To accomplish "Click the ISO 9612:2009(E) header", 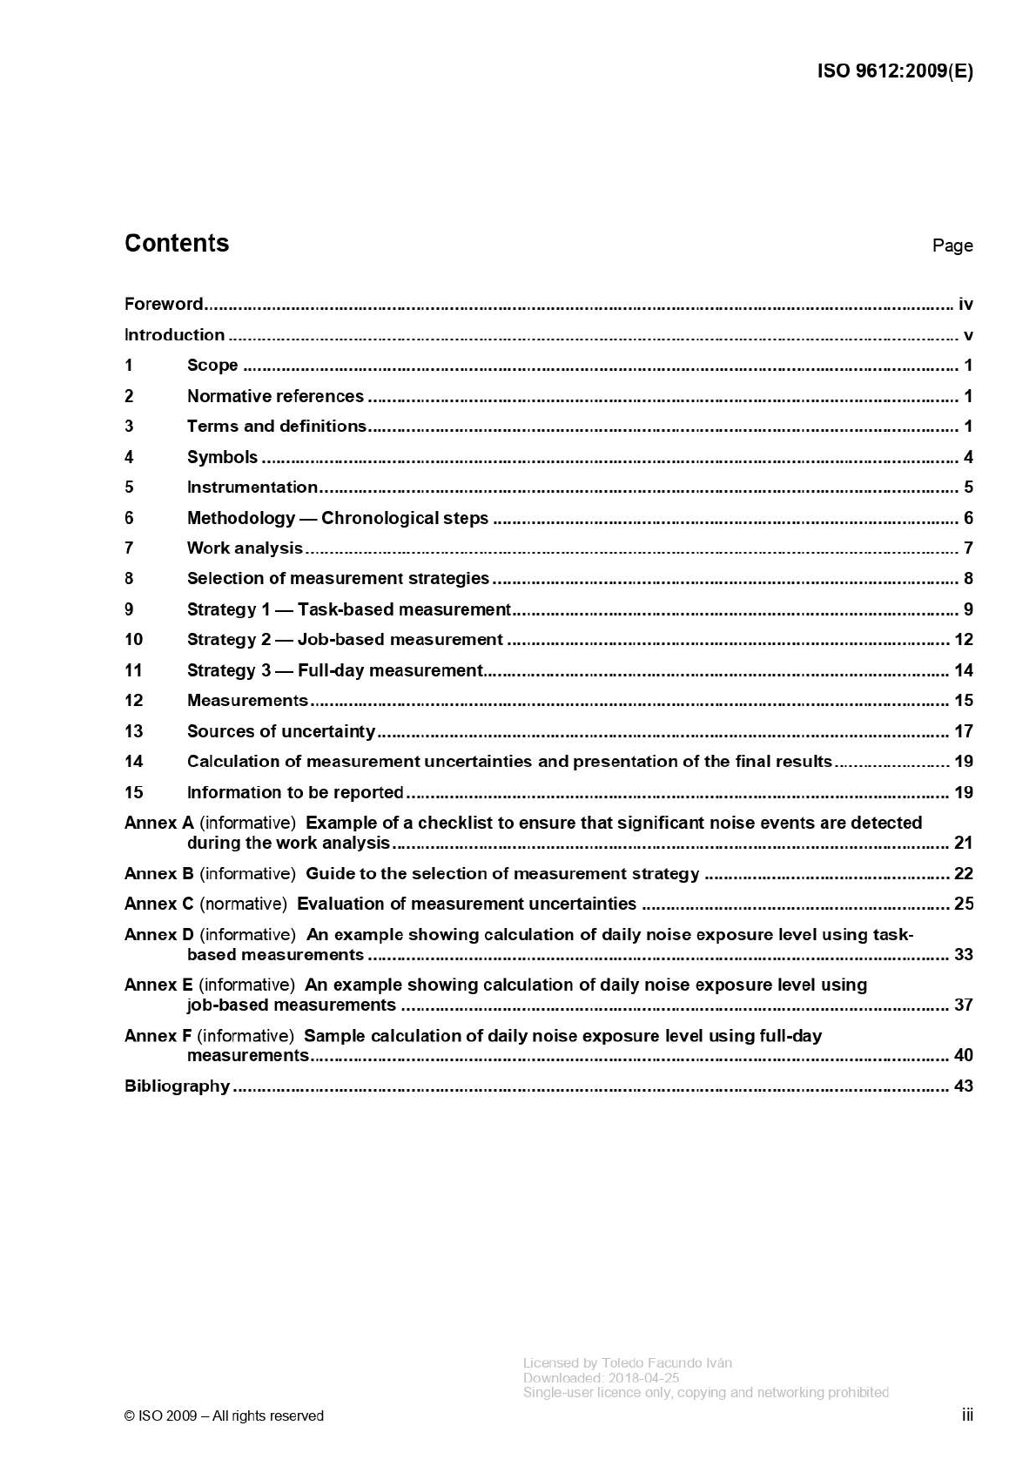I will (x=894, y=71).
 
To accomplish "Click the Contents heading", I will (x=177, y=243).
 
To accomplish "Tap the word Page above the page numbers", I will (x=952, y=245).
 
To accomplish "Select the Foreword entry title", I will (x=164, y=304).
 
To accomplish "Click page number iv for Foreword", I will (x=965, y=305).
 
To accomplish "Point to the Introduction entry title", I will (x=174, y=335).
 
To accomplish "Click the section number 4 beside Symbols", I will (x=129, y=457).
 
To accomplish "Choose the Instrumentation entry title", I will (x=252, y=488).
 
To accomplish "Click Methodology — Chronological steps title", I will (x=337, y=518).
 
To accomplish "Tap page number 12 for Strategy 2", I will (x=963, y=640).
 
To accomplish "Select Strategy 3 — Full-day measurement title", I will (x=334, y=670).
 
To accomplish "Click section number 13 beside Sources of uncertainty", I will (x=133, y=731).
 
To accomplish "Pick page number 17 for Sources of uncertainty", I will (x=963, y=731).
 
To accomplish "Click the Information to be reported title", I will (x=295, y=792).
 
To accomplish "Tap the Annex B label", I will (x=158, y=873).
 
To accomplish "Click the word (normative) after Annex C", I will (x=244, y=904).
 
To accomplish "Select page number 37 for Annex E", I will (x=963, y=1005).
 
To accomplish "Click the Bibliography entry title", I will (x=177, y=1086).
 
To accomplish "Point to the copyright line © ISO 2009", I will (x=224, y=1416).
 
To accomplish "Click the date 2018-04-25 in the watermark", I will (x=643, y=1378).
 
